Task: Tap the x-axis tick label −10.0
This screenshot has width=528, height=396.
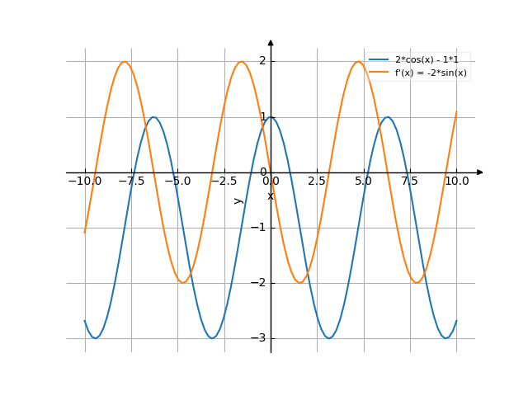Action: (84, 181)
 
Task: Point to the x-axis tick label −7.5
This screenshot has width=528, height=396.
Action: (130, 181)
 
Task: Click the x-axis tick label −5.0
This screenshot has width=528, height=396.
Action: (177, 181)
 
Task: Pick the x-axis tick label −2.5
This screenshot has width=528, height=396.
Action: (224, 181)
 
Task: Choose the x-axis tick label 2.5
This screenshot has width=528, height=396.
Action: (317, 181)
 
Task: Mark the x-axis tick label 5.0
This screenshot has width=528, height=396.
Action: (364, 181)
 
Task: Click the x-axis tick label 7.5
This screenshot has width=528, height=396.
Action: (410, 181)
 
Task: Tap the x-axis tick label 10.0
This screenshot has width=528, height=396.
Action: (456, 181)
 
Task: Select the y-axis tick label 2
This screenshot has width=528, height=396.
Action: (262, 61)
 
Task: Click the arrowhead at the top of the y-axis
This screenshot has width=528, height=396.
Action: (271, 41)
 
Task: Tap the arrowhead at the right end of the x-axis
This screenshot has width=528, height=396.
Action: (480, 172)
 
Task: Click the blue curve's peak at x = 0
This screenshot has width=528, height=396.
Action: (271, 116)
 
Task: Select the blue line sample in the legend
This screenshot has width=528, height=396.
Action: (379, 60)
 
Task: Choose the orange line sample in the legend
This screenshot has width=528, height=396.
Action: (379, 73)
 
